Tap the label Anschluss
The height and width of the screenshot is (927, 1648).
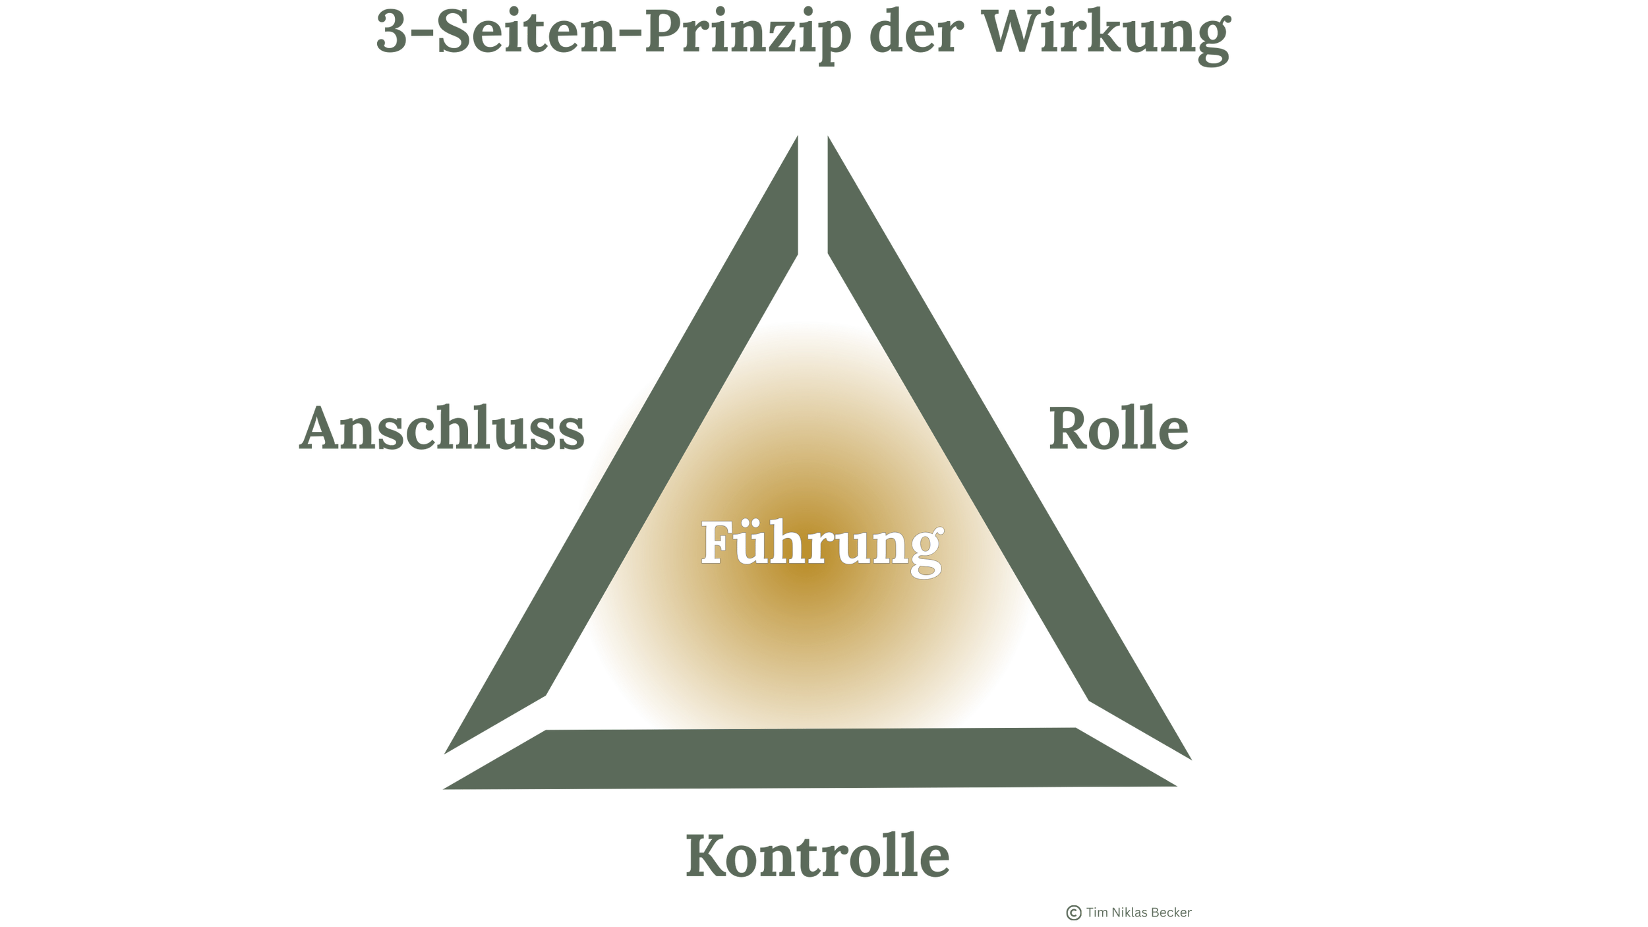(x=442, y=429)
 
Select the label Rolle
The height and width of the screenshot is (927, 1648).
(x=1119, y=429)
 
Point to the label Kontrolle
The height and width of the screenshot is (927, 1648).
(x=818, y=856)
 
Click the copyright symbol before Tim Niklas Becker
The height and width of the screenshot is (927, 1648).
(x=1074, y=912)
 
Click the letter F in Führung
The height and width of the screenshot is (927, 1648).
(x=717, y=542)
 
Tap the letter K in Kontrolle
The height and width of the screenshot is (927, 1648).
(x=708, y=855)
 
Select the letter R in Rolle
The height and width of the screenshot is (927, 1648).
(x=1069, y=429)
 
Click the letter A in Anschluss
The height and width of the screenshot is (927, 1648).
(x=322, y=429)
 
